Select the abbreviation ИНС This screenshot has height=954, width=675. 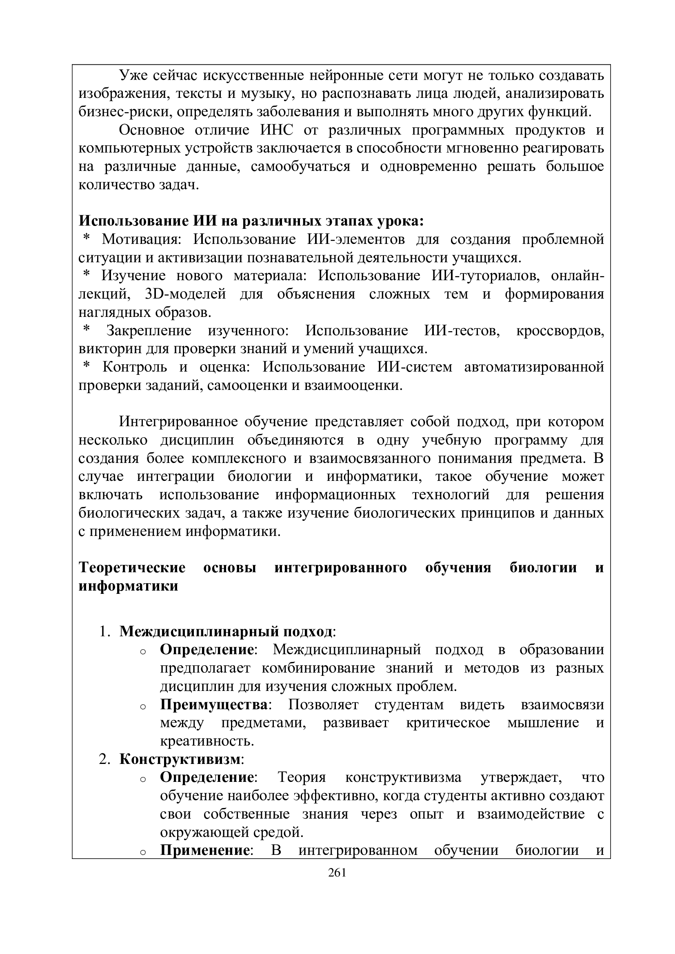(x=276, y=131)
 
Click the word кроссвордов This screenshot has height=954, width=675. (x=560, y=331)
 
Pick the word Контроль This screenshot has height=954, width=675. (x=135, y=368)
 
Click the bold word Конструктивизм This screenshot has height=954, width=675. (x=180, y=759)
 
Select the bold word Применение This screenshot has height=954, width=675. (x=204, y=850)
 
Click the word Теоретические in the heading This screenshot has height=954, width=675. (x=132, y=568)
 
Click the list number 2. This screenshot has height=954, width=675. (x=104, y=759)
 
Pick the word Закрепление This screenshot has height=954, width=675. (x=149, y=331)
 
